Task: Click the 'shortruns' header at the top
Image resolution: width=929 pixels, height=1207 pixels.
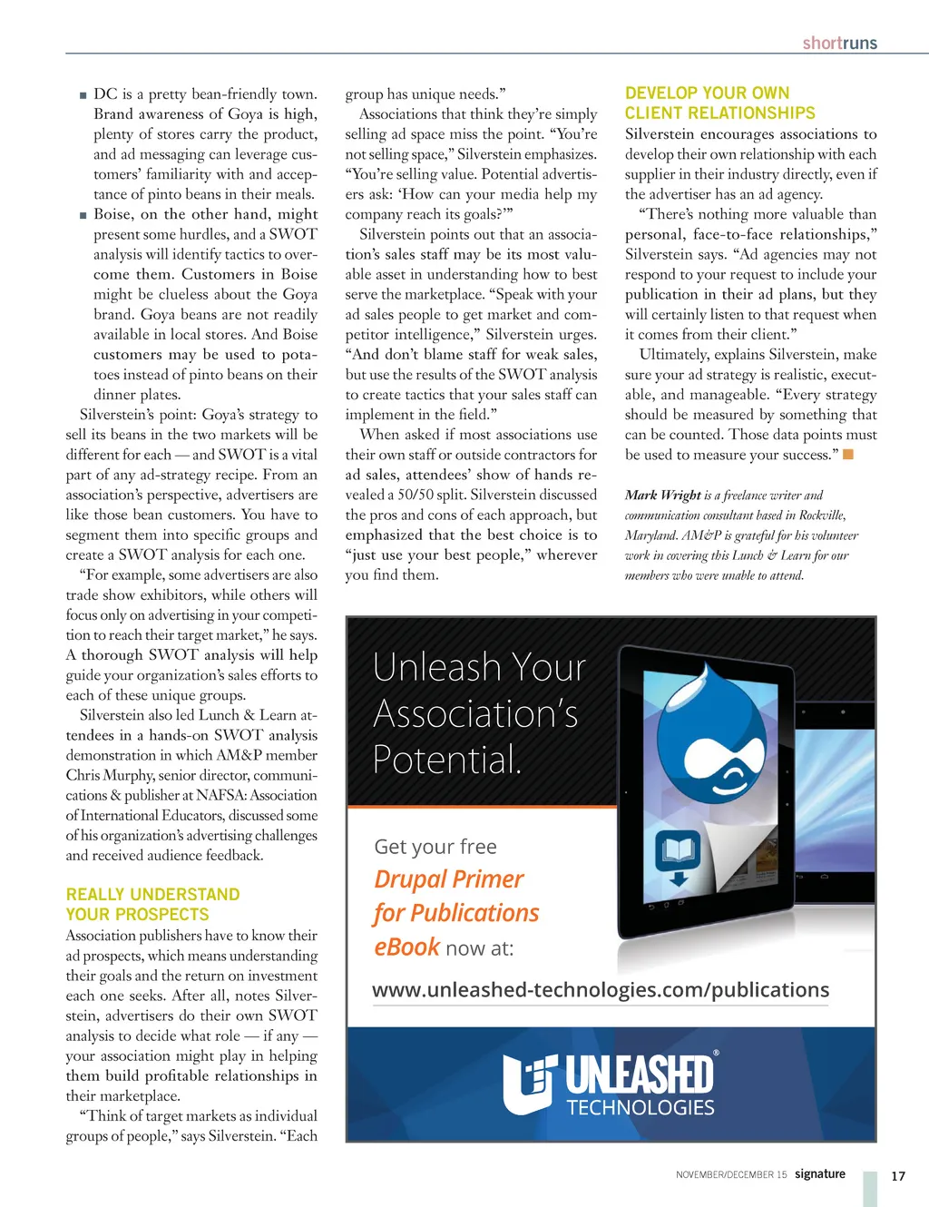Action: pyautogui.click(x=839, y=43)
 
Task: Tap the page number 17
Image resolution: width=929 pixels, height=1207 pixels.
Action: pyautogui.click(x=898, y=1176)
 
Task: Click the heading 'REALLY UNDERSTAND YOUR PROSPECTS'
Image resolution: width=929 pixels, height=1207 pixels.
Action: pyautogui.click(x=152, y=905)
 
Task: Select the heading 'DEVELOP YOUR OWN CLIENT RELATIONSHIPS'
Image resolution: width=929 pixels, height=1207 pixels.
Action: pyautogui.click(x=719, y=103)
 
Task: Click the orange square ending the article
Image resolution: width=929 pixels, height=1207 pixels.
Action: pyautogui.click(x=848, y=454)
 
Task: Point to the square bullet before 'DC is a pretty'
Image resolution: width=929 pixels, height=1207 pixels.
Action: pyautogui.click(x=83, y=94)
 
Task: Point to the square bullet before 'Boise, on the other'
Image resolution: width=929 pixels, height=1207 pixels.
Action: pyautogui.click(x=83, y=215)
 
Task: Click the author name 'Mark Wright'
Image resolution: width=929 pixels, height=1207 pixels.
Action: pyautogui.click(x=662, y=495)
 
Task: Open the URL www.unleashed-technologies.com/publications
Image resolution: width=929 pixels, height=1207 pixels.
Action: pyautogui.click(x=601, y=989)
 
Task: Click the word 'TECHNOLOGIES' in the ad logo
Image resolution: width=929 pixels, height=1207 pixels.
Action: pyautogui.click(x=641, y=1107)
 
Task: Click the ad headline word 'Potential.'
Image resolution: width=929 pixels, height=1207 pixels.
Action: pyautogui.click(x=447, y=760)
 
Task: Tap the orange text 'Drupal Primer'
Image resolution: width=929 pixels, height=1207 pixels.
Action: pyautogui.click(x=449, y=879)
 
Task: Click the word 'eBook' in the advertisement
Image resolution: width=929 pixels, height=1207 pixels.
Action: pyautogui.click(x=406, y=947)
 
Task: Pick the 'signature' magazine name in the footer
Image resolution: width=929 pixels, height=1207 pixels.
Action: pyautogui.click(x=819, y=1173)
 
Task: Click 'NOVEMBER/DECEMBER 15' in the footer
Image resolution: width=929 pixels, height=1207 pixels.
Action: pyautogui.click(x=731, y=1174)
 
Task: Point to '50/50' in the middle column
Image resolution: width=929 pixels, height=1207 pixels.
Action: pyautogui.click(x=425, y=495)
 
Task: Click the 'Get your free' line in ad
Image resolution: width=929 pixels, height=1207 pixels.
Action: pyautogui.click(x=435, y=847)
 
